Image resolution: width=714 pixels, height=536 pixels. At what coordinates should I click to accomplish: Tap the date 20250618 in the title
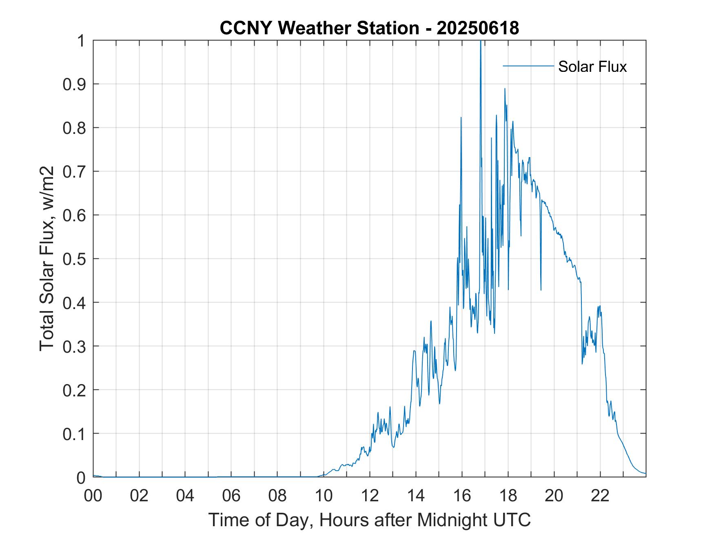pyautogui.click(x=478, y=28)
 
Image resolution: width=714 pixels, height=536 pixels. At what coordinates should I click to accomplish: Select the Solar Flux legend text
pyautogui.click(x=592, y=67)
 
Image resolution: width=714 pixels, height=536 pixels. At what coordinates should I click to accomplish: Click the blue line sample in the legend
pyautogui.click(x=528, y=66)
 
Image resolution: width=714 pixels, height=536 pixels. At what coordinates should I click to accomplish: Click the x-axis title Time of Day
pyautogui.click(x=369, y=520)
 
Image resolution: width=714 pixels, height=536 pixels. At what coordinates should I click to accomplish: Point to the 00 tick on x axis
pyautogui.click(x=93, y=496)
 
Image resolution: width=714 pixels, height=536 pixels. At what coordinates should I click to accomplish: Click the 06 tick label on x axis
pyautogui.click(x=231, y=496)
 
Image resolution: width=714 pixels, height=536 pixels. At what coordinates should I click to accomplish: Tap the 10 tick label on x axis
pyautogui.click(x=324, y=496)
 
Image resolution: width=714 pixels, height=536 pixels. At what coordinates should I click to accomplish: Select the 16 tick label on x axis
pyautogui.click(x=462, y=496)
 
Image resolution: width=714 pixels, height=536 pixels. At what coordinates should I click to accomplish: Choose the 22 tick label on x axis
pyautogui.click(x=600, y=496)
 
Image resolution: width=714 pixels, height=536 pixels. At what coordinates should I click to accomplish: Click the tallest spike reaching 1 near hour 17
pyautogui.click(x=481, y=42)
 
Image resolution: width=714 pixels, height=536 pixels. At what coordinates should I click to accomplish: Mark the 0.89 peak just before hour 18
pyautogui.click(x=505, y=89)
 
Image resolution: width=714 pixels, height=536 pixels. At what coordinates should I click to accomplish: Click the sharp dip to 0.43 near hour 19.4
pyautogui.click(x=541, y=290)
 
